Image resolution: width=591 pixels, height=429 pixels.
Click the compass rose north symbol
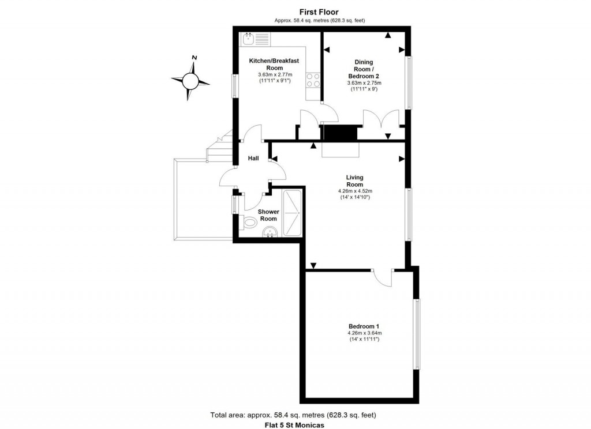click(190, 79)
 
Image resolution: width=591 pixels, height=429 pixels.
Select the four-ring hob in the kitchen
click(313, 80)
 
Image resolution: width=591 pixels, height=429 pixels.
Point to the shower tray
click(293, 213)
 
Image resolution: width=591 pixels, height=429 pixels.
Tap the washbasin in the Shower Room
click(270, 232)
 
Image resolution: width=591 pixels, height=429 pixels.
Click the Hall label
click(253, 158)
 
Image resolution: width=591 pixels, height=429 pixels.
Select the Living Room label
click(355, 181)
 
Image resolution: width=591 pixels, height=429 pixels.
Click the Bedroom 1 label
click(364, 326)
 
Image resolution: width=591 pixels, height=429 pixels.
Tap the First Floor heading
click(319, 12)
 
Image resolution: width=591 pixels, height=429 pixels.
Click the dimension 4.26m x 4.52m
click(355, 191)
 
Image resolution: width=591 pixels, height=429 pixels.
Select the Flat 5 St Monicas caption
click(294, 425)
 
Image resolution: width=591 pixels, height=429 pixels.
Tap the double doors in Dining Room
click(381, 121)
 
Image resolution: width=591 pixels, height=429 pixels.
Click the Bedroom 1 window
click(417, 334)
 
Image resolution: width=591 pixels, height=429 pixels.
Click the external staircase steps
click(220, 145)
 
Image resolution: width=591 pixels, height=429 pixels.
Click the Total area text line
click(293, 415)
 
